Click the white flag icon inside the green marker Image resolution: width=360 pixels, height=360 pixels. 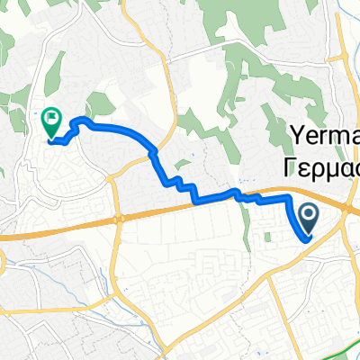click(x=51, y=116)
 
